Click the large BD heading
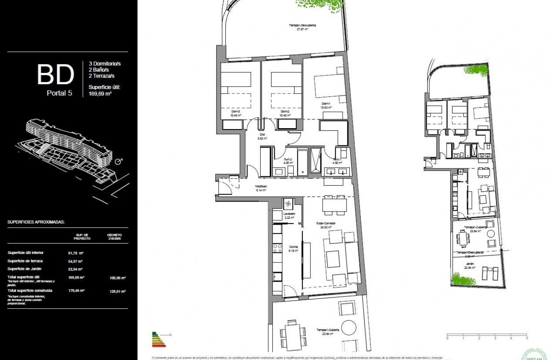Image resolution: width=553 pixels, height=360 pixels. pyautogui.click(x=56, y=74)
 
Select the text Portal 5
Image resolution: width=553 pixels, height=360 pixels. pyautogui.click(x=59, y=93)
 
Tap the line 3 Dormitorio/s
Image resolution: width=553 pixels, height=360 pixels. pyautogui.click(x=104, y=64)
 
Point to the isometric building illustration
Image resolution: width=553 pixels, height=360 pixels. pyautogui.click(x=69, y=151)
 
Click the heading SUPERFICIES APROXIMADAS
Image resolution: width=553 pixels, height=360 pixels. pyautogui.click(x=36, y=222)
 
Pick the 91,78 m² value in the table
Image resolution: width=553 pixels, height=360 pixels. pyautogui.click(x=76, y=253)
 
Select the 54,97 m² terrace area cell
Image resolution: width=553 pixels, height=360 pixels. pyautogui.click(x=76, y=261)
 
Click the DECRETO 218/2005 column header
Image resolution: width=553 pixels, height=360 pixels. pyautogui.click(x=114, y=236)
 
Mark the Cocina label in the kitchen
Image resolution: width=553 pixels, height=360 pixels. pyautogui.click(x=293, y=249)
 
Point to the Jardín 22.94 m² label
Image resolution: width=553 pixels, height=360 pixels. pyautogui.click(x=470, y=266)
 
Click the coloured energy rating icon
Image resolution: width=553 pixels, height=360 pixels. pyautogui.click(x=159, y=339)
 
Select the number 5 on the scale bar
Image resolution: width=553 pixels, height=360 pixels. pyautogui.click(x=527, y=337)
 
